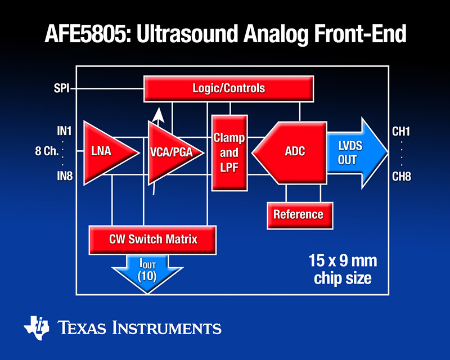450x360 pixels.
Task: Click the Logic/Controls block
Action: tap(228, 89)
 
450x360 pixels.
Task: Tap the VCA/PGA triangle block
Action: tap(172, 152)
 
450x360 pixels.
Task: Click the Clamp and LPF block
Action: tap(229, 152)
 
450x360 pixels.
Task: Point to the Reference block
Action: tap(298, 214)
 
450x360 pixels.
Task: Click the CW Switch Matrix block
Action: tap(153, 239)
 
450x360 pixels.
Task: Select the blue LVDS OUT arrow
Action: tap(354, 152)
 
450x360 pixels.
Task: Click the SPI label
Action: tap(62, 88)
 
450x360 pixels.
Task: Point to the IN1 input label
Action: tap(64, 132)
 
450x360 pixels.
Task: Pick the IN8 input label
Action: tap(64, 177)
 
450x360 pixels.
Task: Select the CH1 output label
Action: tap(401, 132)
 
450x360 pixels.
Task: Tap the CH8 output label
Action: tap(401, 177)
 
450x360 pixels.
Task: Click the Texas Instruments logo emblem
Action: tap(37, 326)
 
